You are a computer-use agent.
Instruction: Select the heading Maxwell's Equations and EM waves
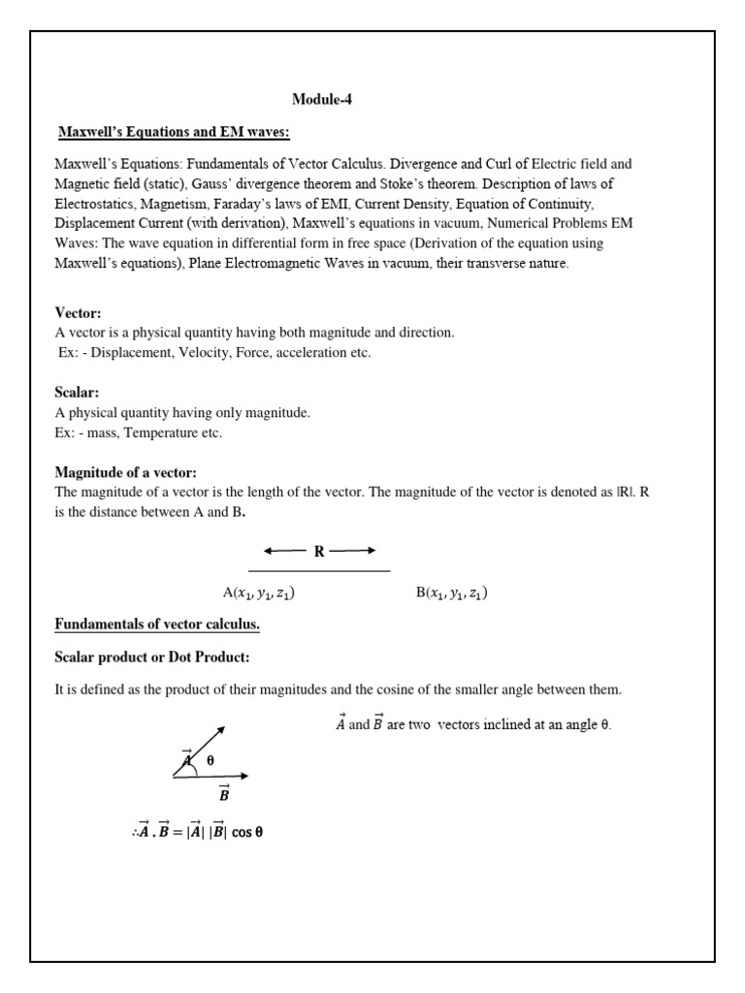(173, 131)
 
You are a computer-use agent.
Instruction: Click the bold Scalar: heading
(77, 394)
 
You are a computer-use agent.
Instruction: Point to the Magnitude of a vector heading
(126, 472)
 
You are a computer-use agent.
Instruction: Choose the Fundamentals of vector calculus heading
(157, 625)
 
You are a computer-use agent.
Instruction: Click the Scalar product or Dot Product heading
(152, 657)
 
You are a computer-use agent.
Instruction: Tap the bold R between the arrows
(318, 552)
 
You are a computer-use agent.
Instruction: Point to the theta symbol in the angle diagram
(210, 761)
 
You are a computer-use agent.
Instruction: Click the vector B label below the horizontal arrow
(224, 794)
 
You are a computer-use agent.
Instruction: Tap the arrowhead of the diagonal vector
(222, 728)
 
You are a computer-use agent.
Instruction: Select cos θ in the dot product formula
(247, 832)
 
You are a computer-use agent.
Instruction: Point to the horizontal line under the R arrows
(319, 571)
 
